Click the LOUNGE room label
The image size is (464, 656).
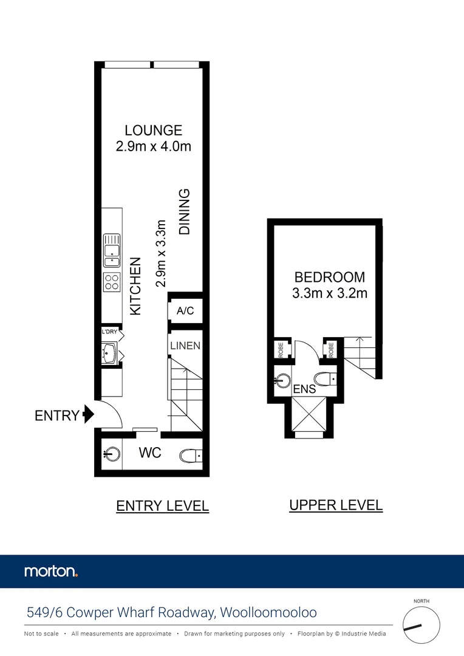[x=153, y=130]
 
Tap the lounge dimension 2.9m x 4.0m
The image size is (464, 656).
[x=153, y=146]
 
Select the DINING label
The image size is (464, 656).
[x=185, y=212]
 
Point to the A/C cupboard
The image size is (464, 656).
[x=185, y=311]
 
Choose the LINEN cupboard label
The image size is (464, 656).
[x=185, y=346]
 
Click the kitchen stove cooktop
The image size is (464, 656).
[x=112, y=281]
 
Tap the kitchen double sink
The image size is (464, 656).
[x=112, y=250]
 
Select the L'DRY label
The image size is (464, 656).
[x=109, y=332]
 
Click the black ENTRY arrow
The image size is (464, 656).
[x=89, y=415]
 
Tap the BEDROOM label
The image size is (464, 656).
[x=330, y=278]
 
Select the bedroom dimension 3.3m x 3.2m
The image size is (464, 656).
[x=330, y=293]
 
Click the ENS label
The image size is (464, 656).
[x=304, y=388]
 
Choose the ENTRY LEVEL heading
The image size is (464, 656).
[x=162, y=505]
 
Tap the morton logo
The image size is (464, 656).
[x=51, y=571]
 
